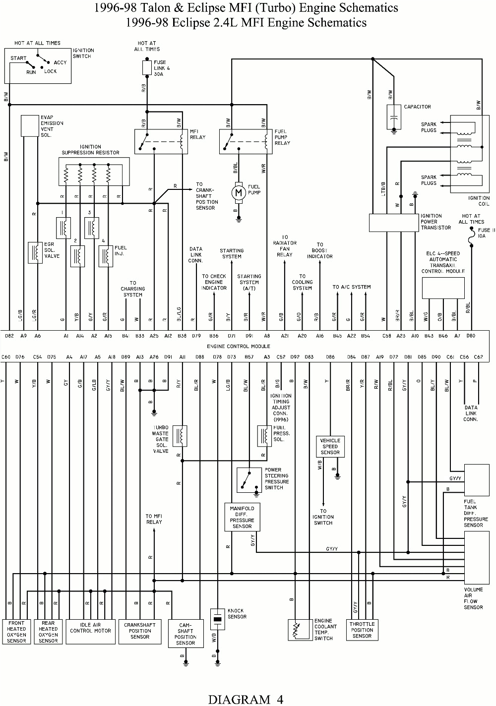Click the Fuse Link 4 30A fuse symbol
147,67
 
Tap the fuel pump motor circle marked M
239,192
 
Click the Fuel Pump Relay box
246,141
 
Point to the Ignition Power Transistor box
394,223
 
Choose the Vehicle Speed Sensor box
330,446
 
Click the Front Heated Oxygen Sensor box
16,632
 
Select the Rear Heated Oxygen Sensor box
48,632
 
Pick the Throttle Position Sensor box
362,630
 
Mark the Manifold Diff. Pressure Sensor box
242,517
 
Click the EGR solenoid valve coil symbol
35,252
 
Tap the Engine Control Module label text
239,346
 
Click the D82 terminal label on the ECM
9,336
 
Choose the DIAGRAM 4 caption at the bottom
246,699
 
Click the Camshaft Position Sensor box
185,634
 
